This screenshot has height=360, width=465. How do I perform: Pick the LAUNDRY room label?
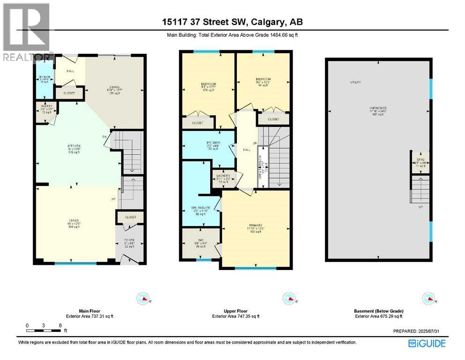tap(223, 176)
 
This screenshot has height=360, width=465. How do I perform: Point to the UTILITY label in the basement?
tap(355, 82)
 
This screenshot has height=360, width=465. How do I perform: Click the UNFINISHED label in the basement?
tap(377, 108)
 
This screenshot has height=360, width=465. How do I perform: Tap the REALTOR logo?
tap(26, 33)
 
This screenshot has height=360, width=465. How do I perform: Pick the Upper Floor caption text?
tap(236, 311)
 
